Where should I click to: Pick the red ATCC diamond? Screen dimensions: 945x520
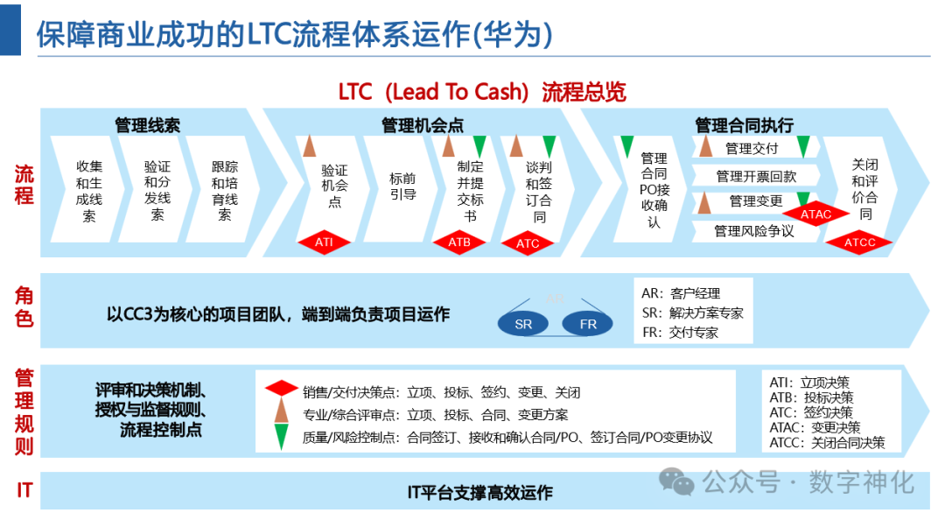859,242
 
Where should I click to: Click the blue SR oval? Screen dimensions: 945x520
523,324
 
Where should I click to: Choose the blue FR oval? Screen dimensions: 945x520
588,324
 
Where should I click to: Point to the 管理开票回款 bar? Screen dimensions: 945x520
756,176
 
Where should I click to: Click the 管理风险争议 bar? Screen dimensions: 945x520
753,231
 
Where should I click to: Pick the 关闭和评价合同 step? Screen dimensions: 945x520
864,188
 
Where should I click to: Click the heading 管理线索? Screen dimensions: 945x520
147,125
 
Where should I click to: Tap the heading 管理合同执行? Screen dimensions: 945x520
744,125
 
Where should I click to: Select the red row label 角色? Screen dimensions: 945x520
24,307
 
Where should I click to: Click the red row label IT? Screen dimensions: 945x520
24,490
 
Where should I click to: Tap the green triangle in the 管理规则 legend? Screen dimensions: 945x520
281,436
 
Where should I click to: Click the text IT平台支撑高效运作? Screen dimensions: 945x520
479,493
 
